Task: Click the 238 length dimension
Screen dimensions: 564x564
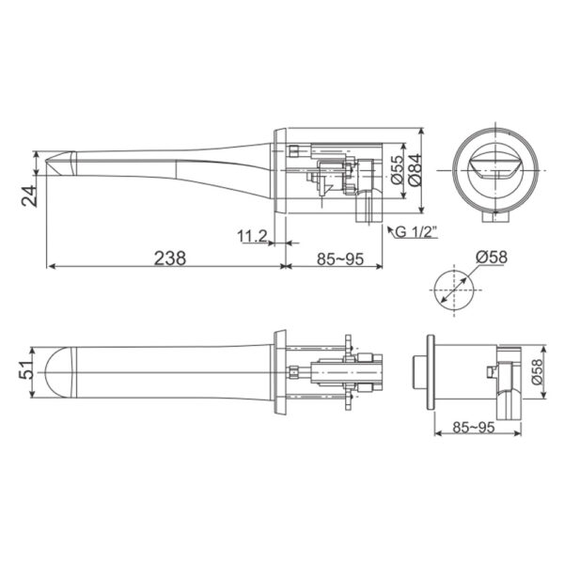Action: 169,256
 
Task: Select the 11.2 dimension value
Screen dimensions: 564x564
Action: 252,235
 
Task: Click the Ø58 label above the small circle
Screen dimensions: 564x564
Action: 492,257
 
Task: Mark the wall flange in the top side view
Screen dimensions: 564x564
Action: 279,169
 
